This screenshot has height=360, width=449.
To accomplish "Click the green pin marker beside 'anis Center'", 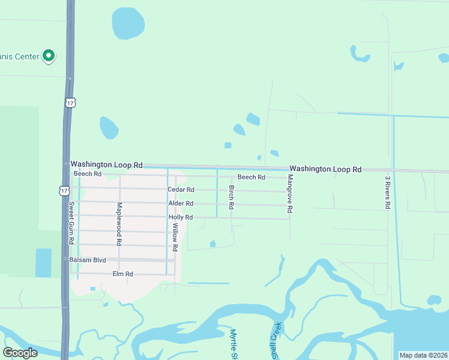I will pos(49,56).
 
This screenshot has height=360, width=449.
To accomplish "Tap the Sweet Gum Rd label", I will pos(71,223).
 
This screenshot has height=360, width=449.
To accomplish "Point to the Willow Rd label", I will pos(175,237).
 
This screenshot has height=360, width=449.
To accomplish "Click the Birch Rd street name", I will pos(232,197).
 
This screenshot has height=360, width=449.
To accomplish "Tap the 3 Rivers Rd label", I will pos(388,192).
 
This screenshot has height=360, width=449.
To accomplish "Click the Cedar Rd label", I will pos(180,190).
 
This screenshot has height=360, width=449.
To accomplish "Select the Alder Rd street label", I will pos(181,204).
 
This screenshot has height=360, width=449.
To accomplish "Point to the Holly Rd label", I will pos(180,217).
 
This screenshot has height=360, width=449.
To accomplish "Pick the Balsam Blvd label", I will pos(88,260).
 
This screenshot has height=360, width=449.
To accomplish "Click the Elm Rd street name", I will pos(122,274).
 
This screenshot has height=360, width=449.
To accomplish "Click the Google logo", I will pos(20,353).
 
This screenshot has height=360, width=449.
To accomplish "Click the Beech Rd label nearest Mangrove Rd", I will pos(251,177).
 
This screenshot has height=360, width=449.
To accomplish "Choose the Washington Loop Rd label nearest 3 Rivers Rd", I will pos(327,170).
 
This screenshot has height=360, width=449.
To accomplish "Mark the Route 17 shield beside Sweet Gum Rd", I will pos(64,190).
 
